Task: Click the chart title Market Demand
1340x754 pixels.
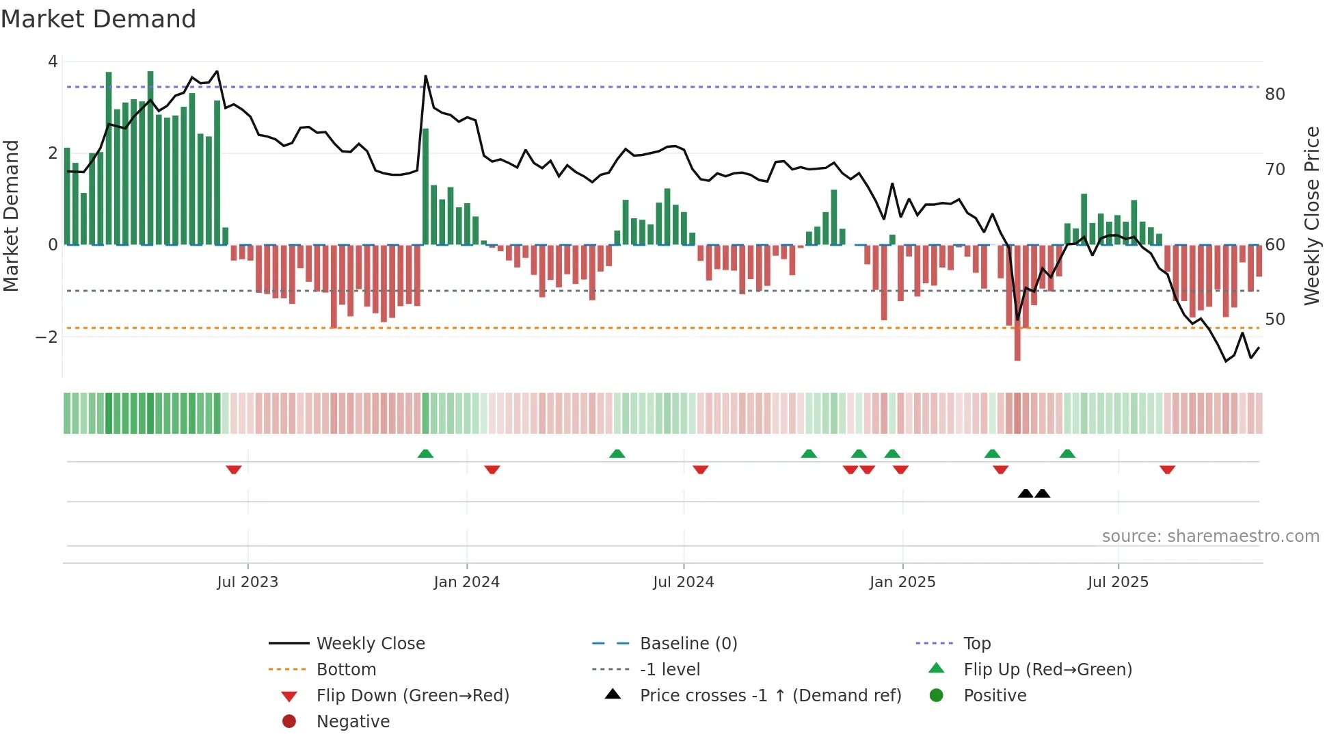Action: pos(98,19)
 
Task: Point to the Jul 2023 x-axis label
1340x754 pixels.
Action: pos(247,582)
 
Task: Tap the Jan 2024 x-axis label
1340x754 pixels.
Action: pos(466,582)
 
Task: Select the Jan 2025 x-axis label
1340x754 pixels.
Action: pos(902,582)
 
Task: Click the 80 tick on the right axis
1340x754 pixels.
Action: pos(1274,94)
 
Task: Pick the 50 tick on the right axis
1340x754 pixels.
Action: pos(1274,320)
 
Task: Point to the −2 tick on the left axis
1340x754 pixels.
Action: pos(46,337)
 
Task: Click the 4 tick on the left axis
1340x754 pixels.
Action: pos(53,62)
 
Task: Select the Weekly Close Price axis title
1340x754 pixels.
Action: pos(1311,216)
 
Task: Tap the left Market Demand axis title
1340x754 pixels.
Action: pos(12,216)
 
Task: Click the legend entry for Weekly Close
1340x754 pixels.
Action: pos(370,644)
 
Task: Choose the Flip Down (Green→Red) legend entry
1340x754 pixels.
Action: pos(412,696)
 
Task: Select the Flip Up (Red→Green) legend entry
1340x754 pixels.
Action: pos(1047,670)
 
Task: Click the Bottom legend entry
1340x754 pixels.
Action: pos(346,670)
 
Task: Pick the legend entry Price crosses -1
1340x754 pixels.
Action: pos(770,696)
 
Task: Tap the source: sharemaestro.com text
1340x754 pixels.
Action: pos(1210,536)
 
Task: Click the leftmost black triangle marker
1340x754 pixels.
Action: pos(1025,493)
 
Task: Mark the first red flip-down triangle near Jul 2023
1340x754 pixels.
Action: pos(234,470)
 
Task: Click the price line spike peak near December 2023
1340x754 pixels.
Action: pos(425,76)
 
